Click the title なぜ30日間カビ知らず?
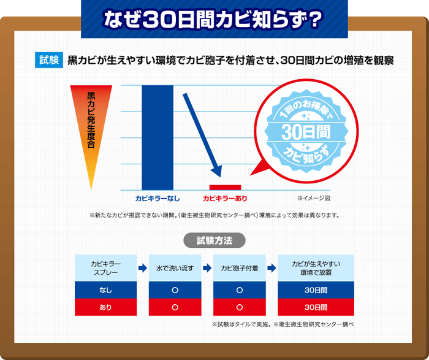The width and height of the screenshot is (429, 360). tap(214, 19)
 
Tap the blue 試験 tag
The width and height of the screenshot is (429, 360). tap(49, 61)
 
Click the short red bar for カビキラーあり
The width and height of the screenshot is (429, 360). tap(225, 186)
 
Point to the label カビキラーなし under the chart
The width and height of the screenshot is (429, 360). tap(158, 199)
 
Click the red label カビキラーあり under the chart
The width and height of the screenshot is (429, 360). tap(225, 199)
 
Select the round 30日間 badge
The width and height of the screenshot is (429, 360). tap(306, 131)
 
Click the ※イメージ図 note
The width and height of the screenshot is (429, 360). tap(314, 199)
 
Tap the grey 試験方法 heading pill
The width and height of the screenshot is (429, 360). tap(214, 240)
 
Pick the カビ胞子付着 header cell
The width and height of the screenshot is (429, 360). tap(239, 268)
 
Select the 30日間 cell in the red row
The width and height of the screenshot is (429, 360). tap(316, 307)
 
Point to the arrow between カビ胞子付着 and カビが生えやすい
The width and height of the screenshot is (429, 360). tap(271, 268)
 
